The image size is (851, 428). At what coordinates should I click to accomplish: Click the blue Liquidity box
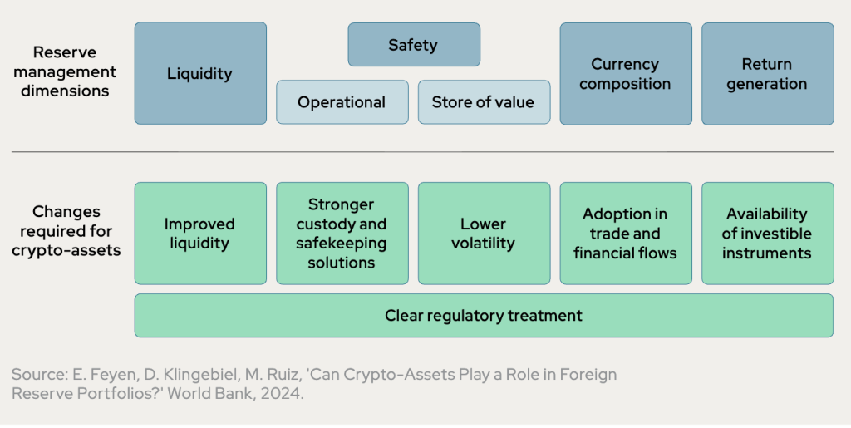[200, 73]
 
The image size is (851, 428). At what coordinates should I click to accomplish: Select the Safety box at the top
[413, 45]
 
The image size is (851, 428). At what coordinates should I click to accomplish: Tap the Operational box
[342, 102]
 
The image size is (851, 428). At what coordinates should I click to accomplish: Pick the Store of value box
[483, 102]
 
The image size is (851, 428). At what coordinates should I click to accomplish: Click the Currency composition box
[625, 73]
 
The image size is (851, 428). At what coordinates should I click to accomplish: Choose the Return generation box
[767, 73]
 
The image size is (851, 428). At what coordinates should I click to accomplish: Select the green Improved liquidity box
[200, 234]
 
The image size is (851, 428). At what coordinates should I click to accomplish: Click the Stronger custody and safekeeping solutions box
[342, 234]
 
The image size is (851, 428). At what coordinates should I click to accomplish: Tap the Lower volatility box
[483, 234]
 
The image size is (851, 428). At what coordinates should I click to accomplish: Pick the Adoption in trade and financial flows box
[625, 234]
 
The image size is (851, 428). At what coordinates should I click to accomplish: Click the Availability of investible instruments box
[767, 234]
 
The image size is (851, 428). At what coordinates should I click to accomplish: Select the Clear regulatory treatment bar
[483, 316]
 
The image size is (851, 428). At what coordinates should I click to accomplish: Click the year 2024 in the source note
[282, 394]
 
